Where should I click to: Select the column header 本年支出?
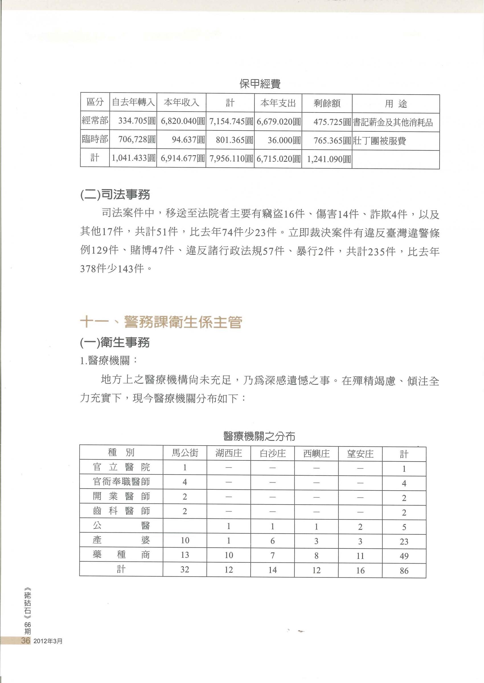278,103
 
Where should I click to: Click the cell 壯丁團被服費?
379,141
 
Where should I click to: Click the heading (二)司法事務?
115,195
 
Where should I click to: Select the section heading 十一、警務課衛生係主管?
161,322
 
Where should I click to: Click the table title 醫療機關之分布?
259,437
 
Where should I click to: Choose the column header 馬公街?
185,453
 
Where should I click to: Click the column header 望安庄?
360,454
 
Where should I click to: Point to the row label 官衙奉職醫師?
121,482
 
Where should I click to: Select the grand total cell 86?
404,571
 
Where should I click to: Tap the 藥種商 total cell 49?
404,556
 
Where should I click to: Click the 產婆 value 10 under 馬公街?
185,541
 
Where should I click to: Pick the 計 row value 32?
185,570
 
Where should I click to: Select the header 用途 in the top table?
396,104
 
